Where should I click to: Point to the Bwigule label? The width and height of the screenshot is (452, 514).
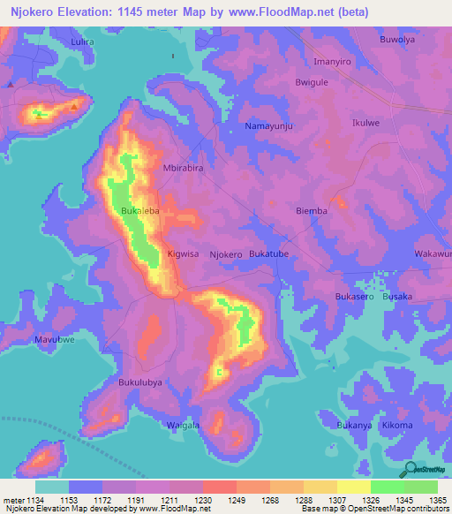pos(313,82)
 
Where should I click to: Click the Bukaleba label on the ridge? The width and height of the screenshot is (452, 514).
pos(140,212)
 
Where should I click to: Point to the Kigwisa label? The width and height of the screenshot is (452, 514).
pos(184,254)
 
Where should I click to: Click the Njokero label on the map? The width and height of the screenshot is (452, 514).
pos(226,254)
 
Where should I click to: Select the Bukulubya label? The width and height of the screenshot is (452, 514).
pos(140,382)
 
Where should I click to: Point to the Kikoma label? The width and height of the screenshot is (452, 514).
pos(397,426)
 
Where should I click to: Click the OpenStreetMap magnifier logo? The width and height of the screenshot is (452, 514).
pos(410,469)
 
